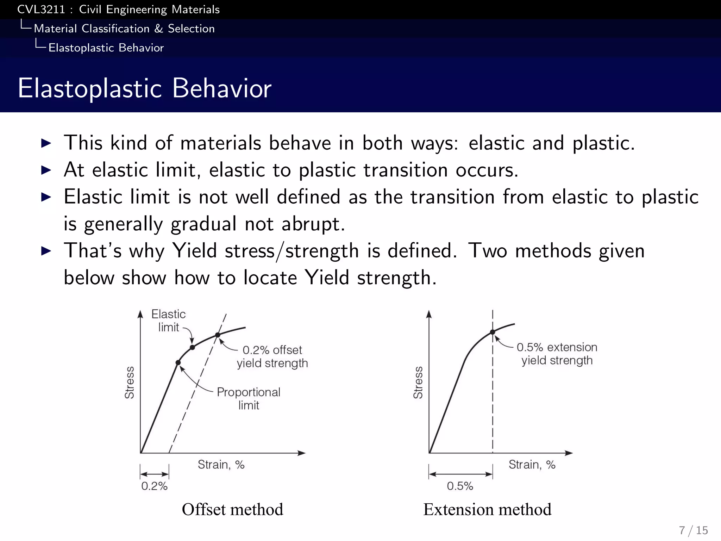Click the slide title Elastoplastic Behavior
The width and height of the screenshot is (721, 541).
(144, 88)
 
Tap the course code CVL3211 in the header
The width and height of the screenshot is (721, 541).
(41, 10)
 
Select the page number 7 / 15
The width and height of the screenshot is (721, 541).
(693, 530)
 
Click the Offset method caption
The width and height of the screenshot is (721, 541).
(232, 509)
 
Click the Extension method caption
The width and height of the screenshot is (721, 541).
(487, 509)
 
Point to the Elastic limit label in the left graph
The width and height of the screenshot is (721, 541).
(168, 321)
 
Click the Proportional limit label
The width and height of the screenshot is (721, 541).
(249, 398)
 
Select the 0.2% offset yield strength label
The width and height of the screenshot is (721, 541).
(272, 356)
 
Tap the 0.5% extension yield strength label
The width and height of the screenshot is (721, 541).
(557, 354)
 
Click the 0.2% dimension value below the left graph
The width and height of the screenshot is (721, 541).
(154, 486)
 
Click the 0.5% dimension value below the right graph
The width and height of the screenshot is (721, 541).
(460, 486)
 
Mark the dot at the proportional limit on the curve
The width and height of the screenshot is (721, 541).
(178, 362)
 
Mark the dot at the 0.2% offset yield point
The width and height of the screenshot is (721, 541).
(218, 335)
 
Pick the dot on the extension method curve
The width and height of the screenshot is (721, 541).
(493, 332)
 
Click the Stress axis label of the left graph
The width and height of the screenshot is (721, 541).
(130, 383)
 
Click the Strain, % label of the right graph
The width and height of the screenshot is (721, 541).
(532, 465)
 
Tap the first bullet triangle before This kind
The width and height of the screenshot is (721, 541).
(46, 143)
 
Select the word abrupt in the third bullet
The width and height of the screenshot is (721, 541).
(313, 224)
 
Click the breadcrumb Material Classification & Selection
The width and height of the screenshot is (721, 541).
(124, 29)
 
